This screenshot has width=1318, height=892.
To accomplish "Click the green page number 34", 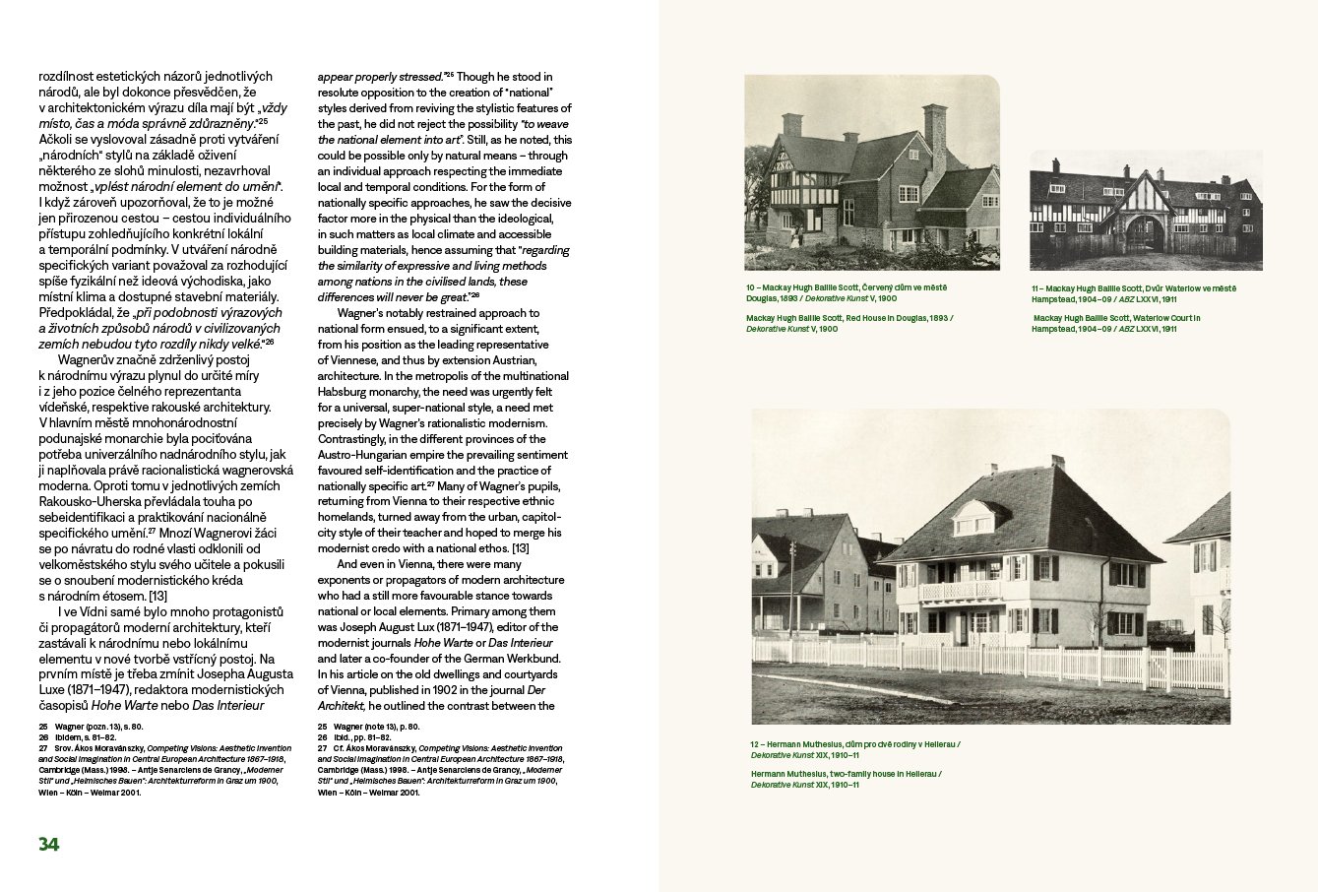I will coord(49,845).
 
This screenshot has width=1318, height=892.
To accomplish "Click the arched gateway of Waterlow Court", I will coord(1145,232).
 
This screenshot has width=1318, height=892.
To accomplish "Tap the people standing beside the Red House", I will coord(799,236).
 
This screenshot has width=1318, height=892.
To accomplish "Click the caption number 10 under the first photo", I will coord(752,287).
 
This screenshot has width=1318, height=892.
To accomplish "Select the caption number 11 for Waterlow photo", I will coord(1037,288).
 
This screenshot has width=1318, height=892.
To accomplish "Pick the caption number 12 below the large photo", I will coord(756,745).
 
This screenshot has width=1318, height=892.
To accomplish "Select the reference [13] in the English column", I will coord(521,548).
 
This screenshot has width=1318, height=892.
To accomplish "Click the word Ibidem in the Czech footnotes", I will coord(68,736).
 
